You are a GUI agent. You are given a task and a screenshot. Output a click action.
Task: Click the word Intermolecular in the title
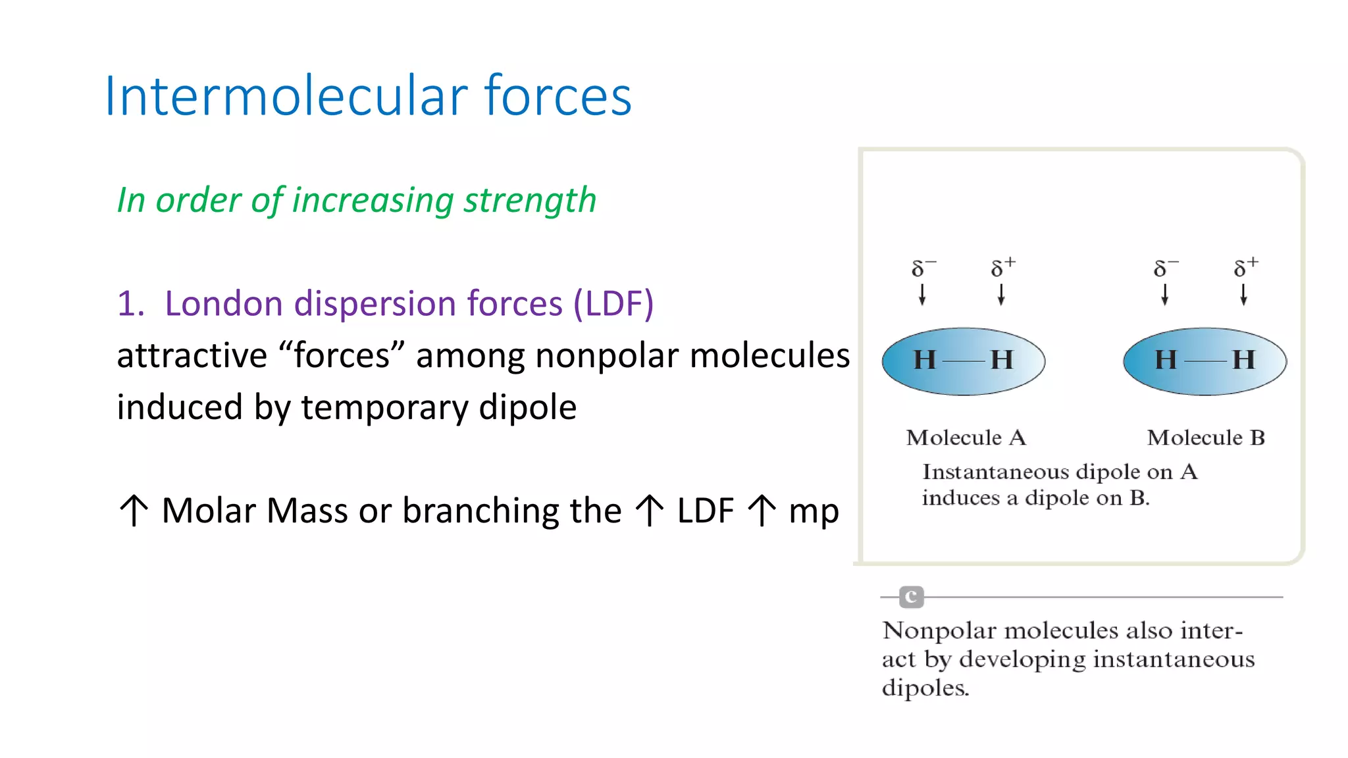(284, 96)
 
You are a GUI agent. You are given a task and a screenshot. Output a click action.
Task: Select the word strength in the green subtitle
(530, 201)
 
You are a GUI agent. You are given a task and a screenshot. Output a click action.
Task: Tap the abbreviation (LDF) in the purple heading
(613, 304)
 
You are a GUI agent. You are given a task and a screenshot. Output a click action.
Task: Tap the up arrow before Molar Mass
(134, 511)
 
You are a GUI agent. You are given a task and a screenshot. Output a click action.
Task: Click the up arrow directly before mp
(762, 511)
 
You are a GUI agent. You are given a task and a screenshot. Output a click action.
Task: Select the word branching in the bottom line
(480, 511)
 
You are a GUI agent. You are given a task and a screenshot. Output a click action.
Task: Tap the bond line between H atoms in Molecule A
(963, 361)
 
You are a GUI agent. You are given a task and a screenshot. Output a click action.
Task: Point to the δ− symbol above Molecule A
(922, 268)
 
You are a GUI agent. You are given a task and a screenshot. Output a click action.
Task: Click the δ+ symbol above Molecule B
(1245, 266)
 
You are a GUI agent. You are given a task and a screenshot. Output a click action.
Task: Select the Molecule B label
(1206, 438)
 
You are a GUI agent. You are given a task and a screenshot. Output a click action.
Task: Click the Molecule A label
(966, 438)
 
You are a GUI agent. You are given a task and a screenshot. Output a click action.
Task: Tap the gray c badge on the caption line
(912, 597)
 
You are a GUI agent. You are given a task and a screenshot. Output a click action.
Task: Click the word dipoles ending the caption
(925, 688)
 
